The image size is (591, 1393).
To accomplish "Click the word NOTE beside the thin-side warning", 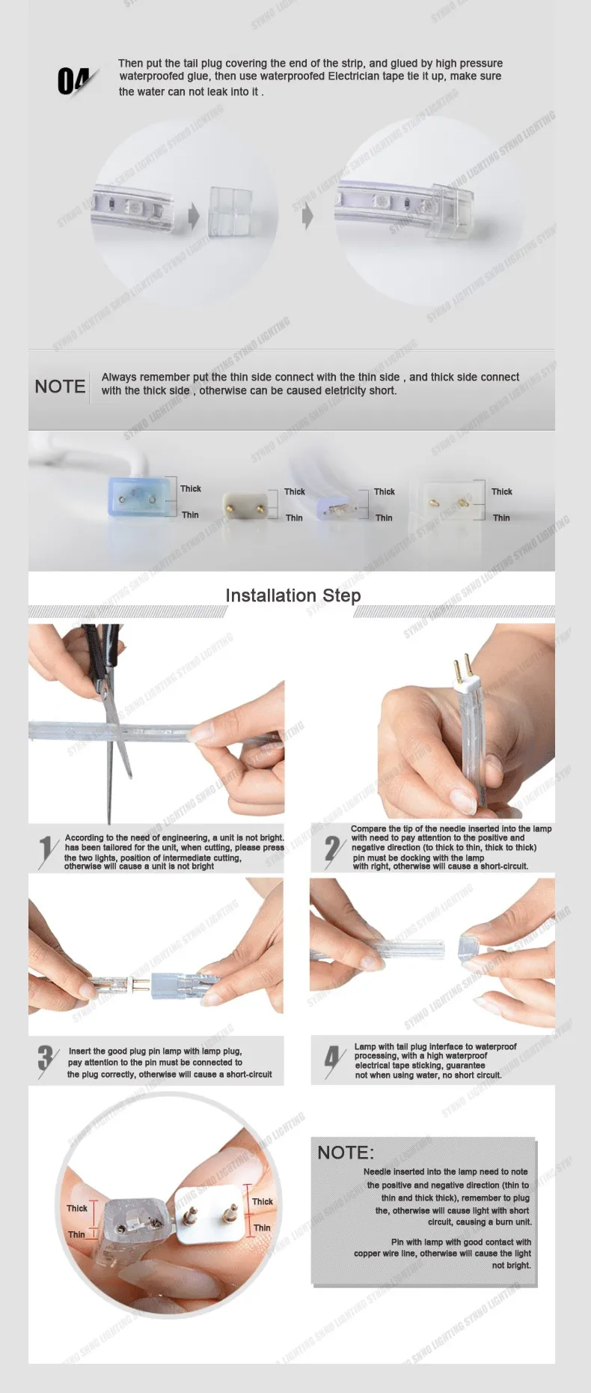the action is tap(60, 386).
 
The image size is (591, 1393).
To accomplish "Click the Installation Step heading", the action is tap(293, 595).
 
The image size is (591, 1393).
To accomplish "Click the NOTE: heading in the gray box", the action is tap(346, 1153).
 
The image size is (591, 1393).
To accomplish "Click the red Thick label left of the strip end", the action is tap(77, 1208).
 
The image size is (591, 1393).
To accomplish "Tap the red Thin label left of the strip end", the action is tap(76, 1234).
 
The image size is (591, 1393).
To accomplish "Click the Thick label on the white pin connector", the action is tap(263, 1201).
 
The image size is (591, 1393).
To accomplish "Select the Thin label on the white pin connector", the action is tap(262, 1227).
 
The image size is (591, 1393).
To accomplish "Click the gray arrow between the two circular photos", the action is tap(307, 216).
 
